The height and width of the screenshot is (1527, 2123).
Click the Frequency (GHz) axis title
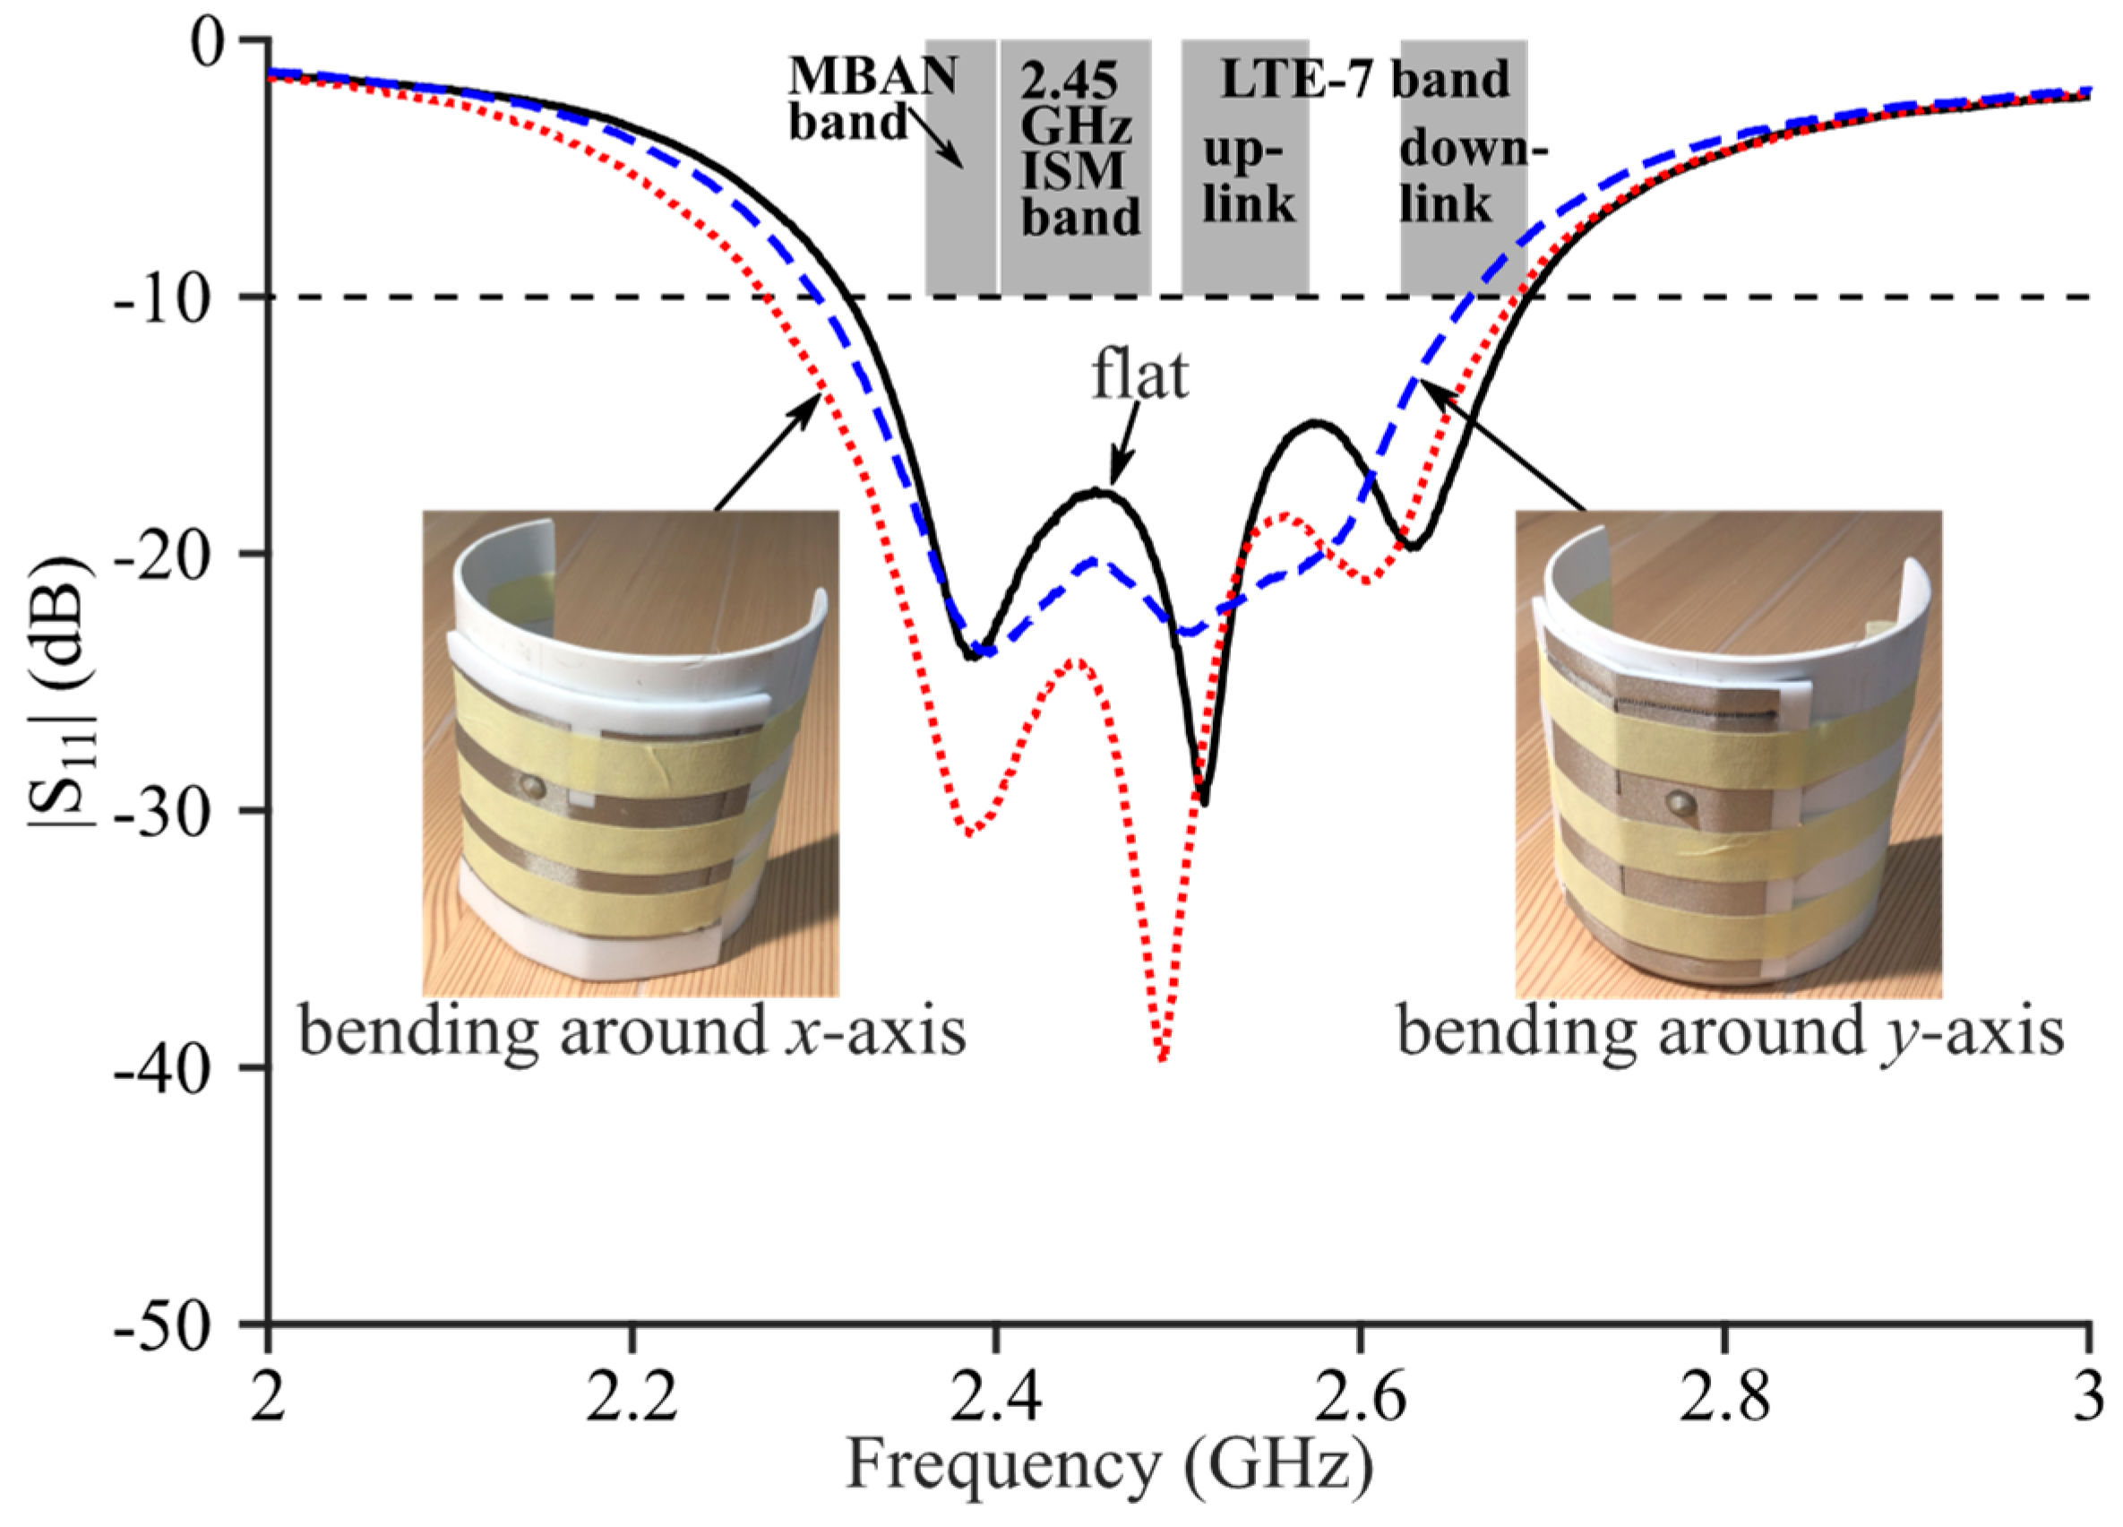tap(1109, 1465)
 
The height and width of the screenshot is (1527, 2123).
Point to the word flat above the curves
tap(1140, 376)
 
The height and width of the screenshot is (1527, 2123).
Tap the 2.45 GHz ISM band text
tap(1079, 150)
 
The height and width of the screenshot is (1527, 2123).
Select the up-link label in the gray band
tap(1247, 178)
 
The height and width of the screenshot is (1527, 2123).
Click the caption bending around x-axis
tap(632, 1031)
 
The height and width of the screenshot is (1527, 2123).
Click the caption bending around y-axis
tap(1730, 1031)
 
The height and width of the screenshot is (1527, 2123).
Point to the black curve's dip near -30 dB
tap(1205, 801)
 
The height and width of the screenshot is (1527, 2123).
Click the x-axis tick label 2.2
tap(632, 1396)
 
